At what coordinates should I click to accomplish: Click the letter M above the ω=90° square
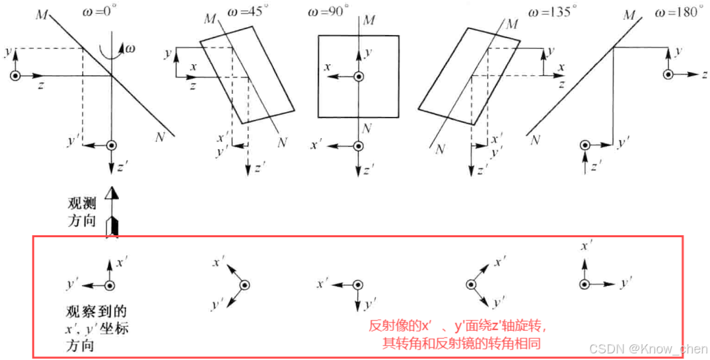click(x=369, y=20)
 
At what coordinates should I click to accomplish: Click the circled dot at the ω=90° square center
click(x=357, y=77)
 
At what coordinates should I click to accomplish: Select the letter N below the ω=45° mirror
click(x=282, y=141)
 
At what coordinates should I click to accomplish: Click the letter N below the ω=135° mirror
click(x=440, y=149)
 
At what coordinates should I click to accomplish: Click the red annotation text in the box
click(x=458, y=334)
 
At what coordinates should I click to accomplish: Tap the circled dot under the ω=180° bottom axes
click(x=584, y=285)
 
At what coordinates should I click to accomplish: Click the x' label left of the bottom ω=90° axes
click(x=322, y=283)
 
